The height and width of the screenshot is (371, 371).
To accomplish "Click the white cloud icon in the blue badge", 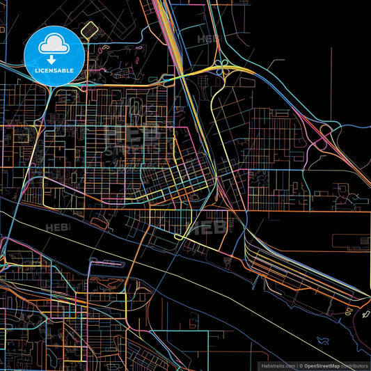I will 54,45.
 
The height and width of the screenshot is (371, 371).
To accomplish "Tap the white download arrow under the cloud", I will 54,60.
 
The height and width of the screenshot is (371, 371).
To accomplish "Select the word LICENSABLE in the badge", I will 54,70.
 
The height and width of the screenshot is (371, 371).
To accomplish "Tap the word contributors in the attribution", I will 355,365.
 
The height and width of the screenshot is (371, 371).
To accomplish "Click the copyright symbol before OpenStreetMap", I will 301,365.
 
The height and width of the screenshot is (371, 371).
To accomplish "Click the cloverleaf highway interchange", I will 223,67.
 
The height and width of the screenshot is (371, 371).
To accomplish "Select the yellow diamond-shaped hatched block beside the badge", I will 88,29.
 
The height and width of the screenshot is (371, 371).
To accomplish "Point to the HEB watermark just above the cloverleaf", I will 208,40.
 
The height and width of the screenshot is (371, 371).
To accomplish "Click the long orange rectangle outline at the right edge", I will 352,242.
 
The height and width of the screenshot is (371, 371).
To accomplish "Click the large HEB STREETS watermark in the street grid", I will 129,139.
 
